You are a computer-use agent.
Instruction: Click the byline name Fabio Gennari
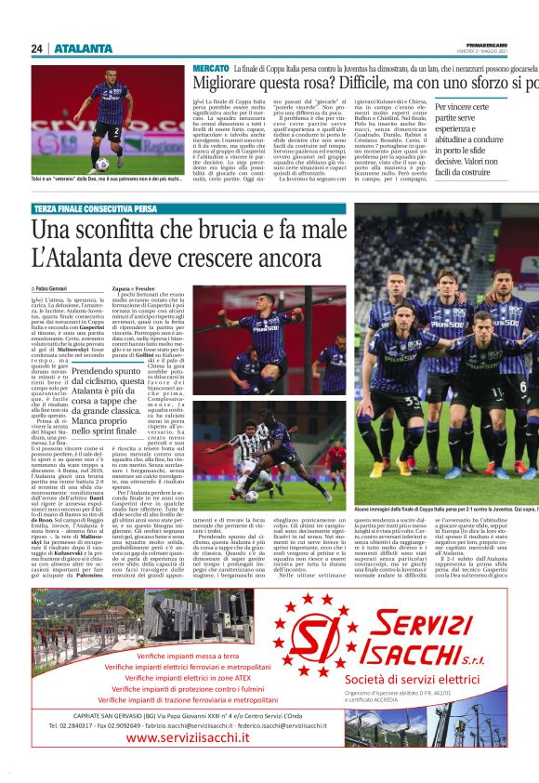[57, 290]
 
